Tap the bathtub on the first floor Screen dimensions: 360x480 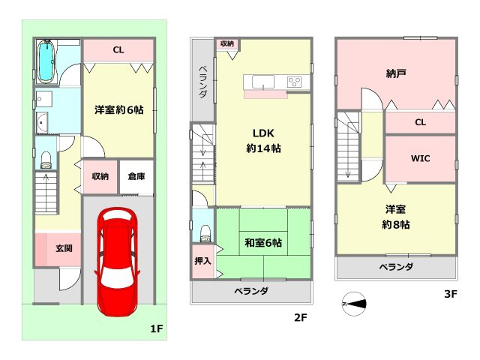[46, 61]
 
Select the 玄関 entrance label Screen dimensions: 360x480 [63, 248]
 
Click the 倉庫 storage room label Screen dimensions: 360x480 [136, 177]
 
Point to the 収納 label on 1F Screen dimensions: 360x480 [100, 177]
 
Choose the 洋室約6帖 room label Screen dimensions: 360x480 [118, 109]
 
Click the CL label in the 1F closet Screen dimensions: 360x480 [118, 50]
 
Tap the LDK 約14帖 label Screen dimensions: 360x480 [263, 141]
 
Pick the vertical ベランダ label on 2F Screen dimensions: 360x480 [202, 82]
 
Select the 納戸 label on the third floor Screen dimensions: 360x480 [397, 74]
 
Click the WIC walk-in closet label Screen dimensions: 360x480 [420, 159]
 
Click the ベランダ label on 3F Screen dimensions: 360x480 [395, 266]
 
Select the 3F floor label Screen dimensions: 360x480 [450, 294]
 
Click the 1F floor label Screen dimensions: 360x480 [156, 328]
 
